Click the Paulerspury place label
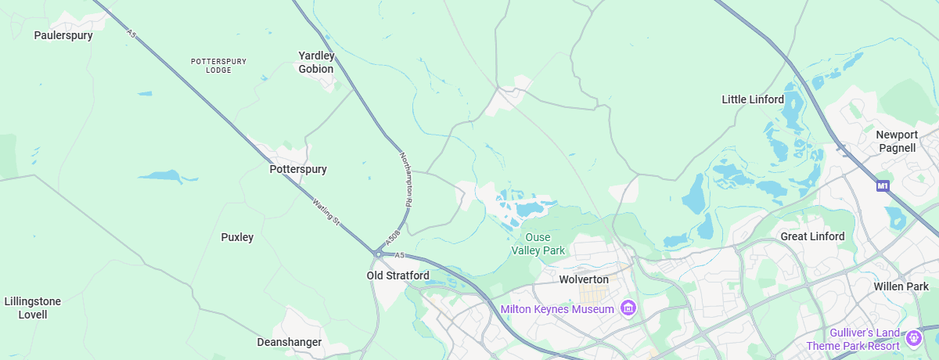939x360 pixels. (63, 35)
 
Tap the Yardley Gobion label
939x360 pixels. (316, 63)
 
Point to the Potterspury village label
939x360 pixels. (298, 169)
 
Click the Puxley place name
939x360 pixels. (237, 237)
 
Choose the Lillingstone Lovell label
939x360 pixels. (33, 308)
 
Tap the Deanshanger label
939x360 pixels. (290, 342)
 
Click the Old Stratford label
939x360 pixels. (398, 275)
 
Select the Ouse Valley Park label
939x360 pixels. (538, 244)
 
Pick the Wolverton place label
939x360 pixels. (584, 279)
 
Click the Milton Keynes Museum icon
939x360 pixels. (627, 308)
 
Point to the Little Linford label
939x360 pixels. (752, 99)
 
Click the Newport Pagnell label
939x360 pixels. (897, 142)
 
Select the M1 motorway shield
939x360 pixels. (883, 186)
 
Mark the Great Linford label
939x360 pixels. (812, 236)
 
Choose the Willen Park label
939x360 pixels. (901, 286)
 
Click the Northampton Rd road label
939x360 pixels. (405, 178)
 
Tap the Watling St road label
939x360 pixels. (326, 211)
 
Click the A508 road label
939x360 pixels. (392, 234)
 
